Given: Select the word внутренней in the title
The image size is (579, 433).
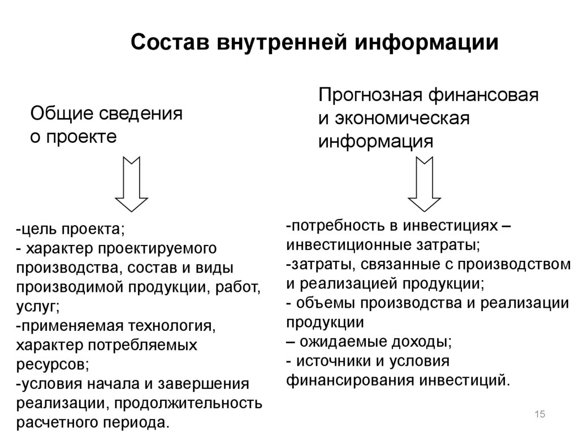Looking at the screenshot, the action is pos(284,43).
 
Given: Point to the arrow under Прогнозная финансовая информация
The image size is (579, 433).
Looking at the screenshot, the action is pos(425,183).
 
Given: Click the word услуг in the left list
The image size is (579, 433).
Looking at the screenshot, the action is pos(36,307).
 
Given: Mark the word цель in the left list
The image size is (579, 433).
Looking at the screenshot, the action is pos(37,230).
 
